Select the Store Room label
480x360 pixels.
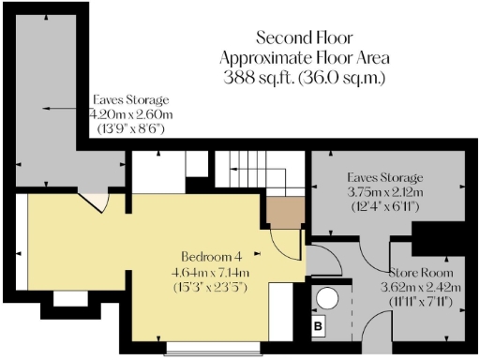coord(418,273)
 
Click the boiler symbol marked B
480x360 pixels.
coord(317,327)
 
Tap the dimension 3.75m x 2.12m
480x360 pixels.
coord(384,190)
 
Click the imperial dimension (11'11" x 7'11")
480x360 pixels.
coord(418,303)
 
